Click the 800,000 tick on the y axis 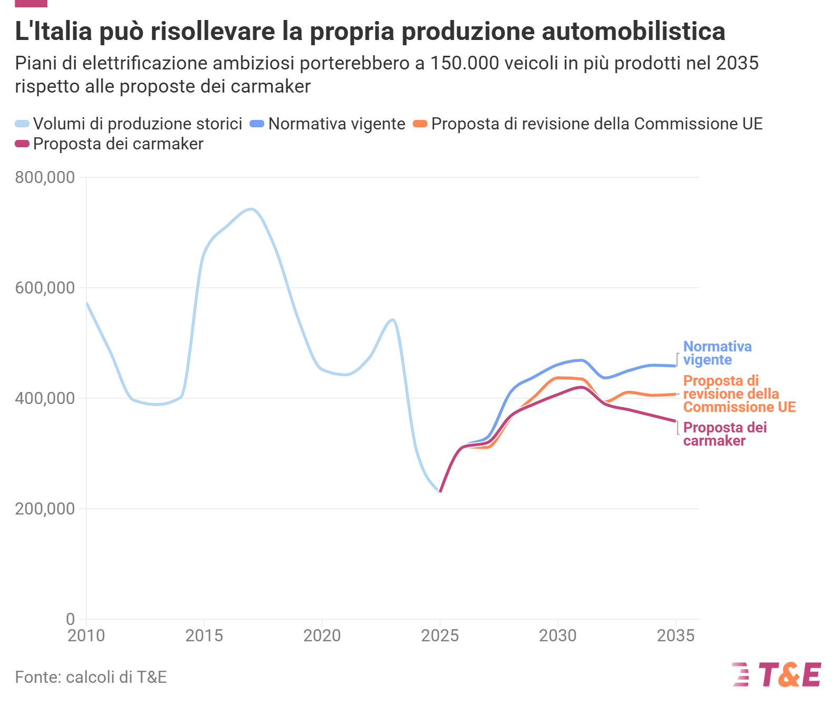45,177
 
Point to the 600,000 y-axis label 45,288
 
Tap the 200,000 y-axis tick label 45,509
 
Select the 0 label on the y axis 71,619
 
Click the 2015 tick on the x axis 204,636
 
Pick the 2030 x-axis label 558,636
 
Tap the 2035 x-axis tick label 675,636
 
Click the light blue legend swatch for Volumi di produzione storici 22,124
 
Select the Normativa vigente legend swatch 257,124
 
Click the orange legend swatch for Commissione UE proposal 420,124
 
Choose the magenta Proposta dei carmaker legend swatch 22,144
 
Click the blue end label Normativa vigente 717,353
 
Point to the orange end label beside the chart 739,394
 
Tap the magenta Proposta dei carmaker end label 725,434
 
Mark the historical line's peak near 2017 251,209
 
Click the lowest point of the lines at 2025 440,492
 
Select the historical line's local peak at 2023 393,320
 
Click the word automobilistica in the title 633,31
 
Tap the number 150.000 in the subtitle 465,63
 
